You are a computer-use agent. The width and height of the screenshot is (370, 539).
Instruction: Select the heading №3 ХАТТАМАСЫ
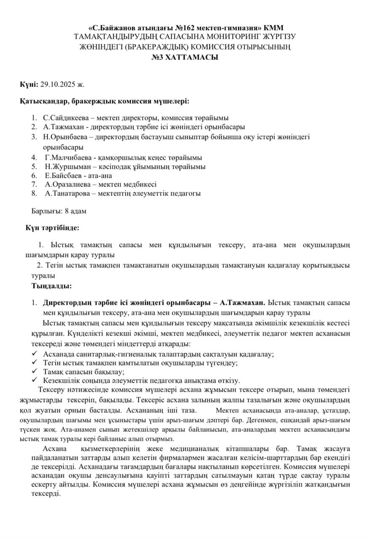(185, 57)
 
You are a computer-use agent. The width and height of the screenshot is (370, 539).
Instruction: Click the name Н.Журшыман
(65, 166)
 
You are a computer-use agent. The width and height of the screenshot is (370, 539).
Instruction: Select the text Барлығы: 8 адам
(59, 211)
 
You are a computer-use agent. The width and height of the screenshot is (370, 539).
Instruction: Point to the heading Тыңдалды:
(51, 286)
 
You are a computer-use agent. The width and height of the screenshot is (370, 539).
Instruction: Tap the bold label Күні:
(29, 84)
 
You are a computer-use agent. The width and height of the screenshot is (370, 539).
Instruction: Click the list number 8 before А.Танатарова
(34, 193)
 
